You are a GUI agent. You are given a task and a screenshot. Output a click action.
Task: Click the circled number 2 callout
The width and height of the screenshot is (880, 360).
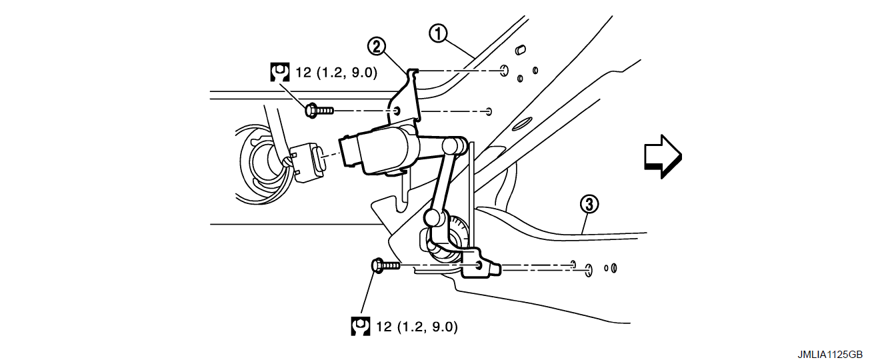point(377,46)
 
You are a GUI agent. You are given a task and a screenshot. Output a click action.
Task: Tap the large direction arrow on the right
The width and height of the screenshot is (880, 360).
point(662,155)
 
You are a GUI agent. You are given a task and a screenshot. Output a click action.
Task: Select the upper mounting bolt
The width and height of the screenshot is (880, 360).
point(318,111)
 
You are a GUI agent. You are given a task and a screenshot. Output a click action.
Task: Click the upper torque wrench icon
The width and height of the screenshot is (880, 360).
point(280,72)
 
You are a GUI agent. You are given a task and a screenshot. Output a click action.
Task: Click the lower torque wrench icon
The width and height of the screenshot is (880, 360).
point(361,326)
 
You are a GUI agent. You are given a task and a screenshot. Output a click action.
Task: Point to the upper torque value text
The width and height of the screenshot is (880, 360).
point(336,72)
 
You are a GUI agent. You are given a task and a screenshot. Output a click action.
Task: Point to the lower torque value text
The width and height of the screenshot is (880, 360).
point(417,327)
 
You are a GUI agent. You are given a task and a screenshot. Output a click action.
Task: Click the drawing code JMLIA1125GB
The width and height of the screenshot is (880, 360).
point(834,353)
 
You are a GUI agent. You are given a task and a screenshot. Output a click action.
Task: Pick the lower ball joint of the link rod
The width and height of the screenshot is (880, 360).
point(431,217)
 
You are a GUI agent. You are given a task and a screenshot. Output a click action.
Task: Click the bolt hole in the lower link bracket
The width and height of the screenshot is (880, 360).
point(479,265)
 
